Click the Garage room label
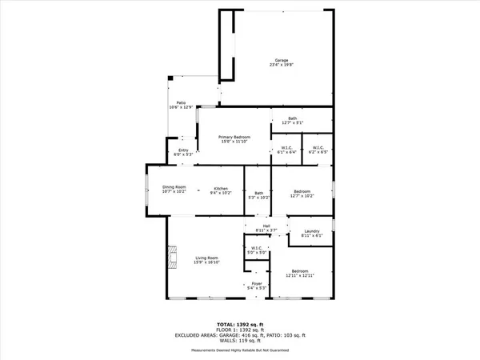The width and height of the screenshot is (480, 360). [282, 62]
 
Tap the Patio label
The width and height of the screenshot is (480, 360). [182, 103]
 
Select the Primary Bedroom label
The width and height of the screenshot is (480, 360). [235, 139]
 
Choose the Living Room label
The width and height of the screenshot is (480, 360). [207, 260]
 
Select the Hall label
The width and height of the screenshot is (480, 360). [266, 229]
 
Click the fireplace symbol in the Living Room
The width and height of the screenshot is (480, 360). [170, 258]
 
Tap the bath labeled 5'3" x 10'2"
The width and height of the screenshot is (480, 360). [258, 194]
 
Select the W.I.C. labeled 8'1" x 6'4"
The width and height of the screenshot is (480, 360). [286, 150]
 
